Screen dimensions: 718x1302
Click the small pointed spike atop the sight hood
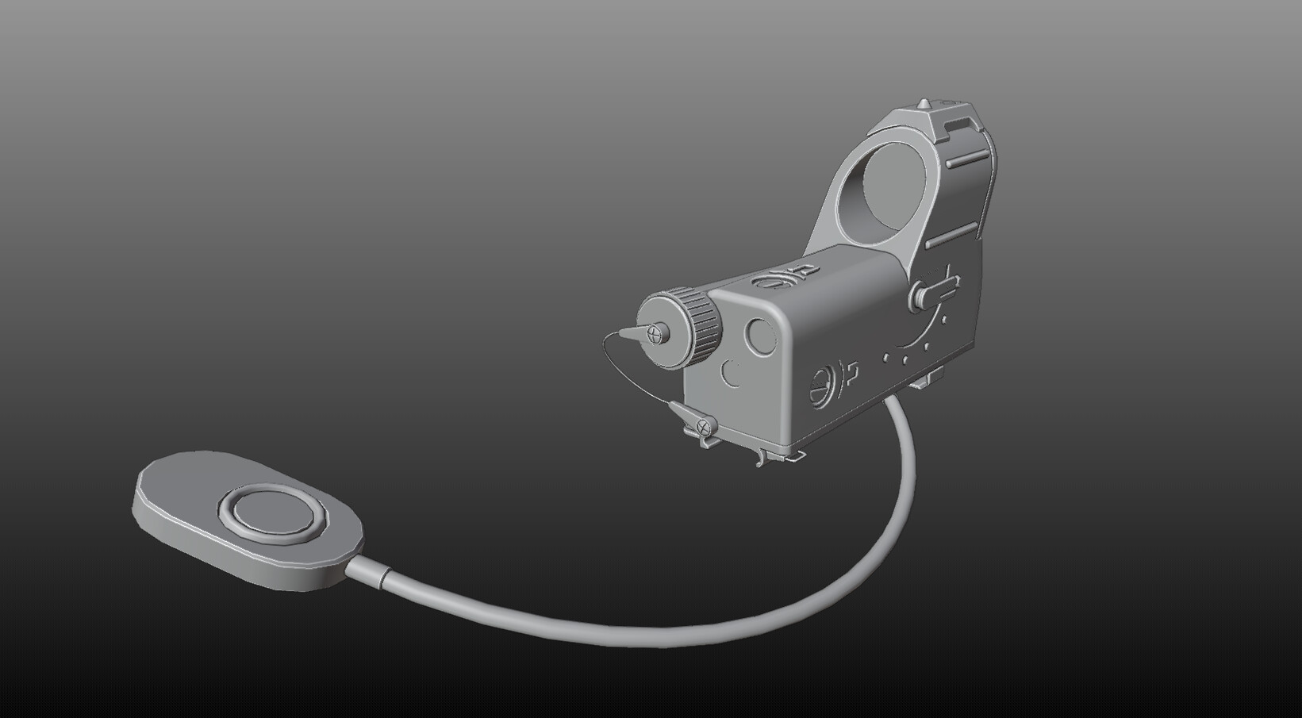click(x=924, y=104)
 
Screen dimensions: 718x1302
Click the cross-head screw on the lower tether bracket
click(x=701, y=427)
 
